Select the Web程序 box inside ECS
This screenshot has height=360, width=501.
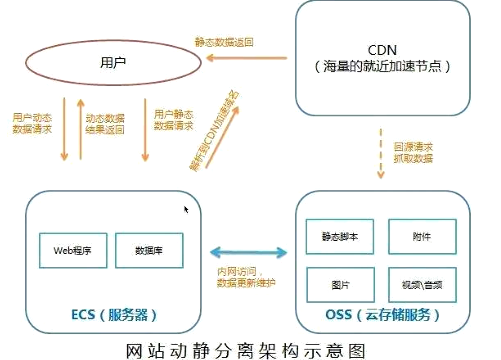point(73,250)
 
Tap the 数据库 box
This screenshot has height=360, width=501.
point(149,250)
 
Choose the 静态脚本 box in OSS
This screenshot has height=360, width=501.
point(339,237)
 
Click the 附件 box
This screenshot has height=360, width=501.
point(422,237)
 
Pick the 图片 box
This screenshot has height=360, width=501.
point(339,284)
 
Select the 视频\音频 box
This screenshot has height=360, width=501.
point(422,284)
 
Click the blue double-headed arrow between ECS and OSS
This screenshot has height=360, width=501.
point(248,252)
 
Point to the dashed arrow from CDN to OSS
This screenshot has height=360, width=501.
point(381,154)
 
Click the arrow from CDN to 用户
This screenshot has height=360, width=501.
point(247,58)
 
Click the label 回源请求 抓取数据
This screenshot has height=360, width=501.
point(413,153)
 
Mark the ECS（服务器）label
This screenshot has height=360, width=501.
point(114,315)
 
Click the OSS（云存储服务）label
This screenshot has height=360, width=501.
point(383,315)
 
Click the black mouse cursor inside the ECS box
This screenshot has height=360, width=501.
point(186,209)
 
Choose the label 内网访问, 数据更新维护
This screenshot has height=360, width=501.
point(246,277)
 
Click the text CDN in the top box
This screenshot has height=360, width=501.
point(382,51)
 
